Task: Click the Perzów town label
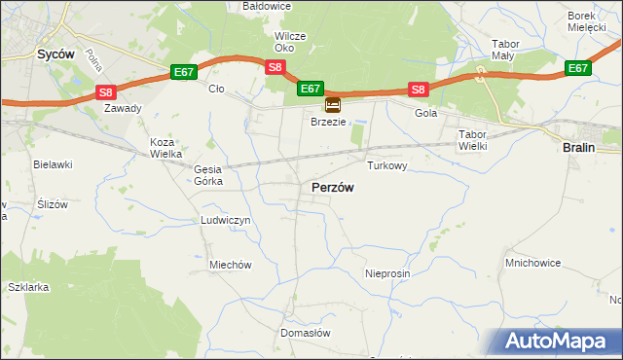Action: pyautogui.click(x=332, y=187)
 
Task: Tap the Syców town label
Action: pyautogui.click(x=55, y=55)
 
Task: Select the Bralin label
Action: pyautogui.click(x=579, y=146)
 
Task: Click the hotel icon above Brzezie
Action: pyautogui.click(x=333, y=104)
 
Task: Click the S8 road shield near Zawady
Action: pyautogui.click(x=107, y=92)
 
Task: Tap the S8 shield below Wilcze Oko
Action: pyautogui.click(x=275, y=67)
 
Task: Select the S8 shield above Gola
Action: pyautogui.click(x=418, y=90)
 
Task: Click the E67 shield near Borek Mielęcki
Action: pyautogui.click(x=577, y=68)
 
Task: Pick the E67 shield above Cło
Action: pyautogui.click(x=184, y=72)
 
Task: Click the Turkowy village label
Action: pyautogui.click(x=386, y=166)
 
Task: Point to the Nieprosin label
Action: pyautogui.click(x=387, y=274)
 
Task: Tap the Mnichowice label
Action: pyautogui.click(x=531, y=263)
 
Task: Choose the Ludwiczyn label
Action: pyautogui.click(x=226, y=221)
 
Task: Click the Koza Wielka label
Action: pyautogui.click(x=162, y=148)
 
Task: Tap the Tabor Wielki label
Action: pyautogui.click(x=472, y=139)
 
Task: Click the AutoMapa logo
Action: pyautogui.click(x=560, y=340)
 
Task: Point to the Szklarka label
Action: pyautogui.click(x=28, y=288)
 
